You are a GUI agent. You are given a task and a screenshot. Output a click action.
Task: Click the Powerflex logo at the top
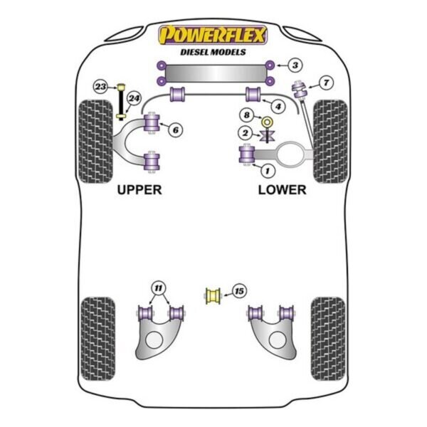[x=213, y=35]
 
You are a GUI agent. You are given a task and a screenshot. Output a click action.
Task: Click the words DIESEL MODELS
[x=213, y=52]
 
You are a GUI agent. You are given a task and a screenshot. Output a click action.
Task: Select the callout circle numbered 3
[x=295, y=65]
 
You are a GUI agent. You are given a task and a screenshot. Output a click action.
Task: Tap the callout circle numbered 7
[x=326, y=83]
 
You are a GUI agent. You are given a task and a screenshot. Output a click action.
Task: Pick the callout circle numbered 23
[x=100, y=87]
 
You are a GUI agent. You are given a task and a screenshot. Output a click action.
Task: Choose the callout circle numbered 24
[x=134, y=98]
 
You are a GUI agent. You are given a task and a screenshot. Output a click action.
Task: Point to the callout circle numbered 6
[x=175, y=130]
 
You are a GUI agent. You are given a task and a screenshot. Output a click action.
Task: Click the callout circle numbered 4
[x=278, y=106]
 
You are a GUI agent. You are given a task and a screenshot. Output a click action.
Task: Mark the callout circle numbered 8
[x=246, y=115]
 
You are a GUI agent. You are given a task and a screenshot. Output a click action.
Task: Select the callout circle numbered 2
[x=245, y=133]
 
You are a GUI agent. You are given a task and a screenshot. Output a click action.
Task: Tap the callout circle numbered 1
[x=268, y=171]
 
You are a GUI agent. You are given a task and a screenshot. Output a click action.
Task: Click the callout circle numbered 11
[x=159, y=288]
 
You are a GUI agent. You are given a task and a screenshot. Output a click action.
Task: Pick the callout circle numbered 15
[x=239, y=291]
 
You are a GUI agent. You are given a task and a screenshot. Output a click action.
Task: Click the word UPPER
[x=139, y=190]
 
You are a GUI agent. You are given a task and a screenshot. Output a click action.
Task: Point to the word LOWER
[x=282, y=190]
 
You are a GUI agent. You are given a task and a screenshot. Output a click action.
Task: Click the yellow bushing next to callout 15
[x=213, y=295]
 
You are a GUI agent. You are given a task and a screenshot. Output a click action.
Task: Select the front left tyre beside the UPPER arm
[x=95, y=142]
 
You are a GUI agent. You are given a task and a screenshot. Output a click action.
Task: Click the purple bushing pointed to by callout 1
[x=247, y=154]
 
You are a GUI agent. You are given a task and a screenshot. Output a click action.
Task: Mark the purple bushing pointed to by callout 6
[x=152, y=122]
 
